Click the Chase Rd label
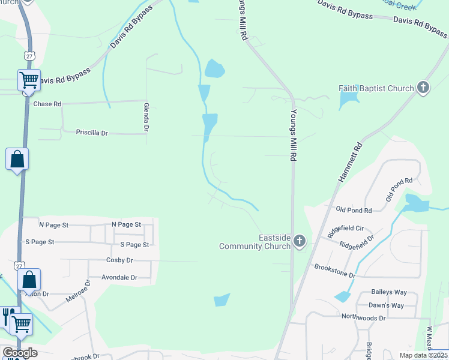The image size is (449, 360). click(x=47, y=104)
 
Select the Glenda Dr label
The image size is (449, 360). click(x=146, y=116)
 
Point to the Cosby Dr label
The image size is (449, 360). click(x=119, y=260)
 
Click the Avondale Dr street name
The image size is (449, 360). click(x=119, y=278)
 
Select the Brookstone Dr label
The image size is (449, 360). click(x=334, y=270)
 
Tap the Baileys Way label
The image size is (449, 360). click(x=389, y=292)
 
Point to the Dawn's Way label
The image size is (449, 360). click(x=386, y=305)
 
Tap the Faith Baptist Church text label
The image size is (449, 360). click(x=376, y=89)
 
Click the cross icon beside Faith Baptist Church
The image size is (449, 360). click(x=423, y=88)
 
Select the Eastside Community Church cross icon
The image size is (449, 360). click(x=300, y=242)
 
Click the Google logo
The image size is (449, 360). click(x=19, y=352)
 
